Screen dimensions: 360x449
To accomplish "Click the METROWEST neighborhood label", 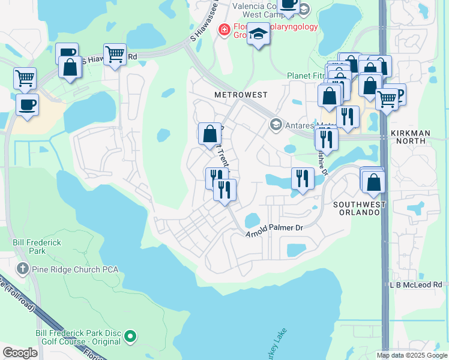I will pyautogui.click(x=240, y=95).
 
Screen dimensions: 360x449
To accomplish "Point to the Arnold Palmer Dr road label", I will pyautogui.click(x=275, y=229).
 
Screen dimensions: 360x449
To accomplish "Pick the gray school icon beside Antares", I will pyautogui.click(x=276, y=125).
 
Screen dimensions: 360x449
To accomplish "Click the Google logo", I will pyautogui.click(x=20, y=352).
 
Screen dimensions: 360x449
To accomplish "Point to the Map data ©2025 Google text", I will pyautogui.click(x=411, y=355).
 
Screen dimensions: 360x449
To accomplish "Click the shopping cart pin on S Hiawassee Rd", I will pyautogui.click(x=115, y=55).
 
